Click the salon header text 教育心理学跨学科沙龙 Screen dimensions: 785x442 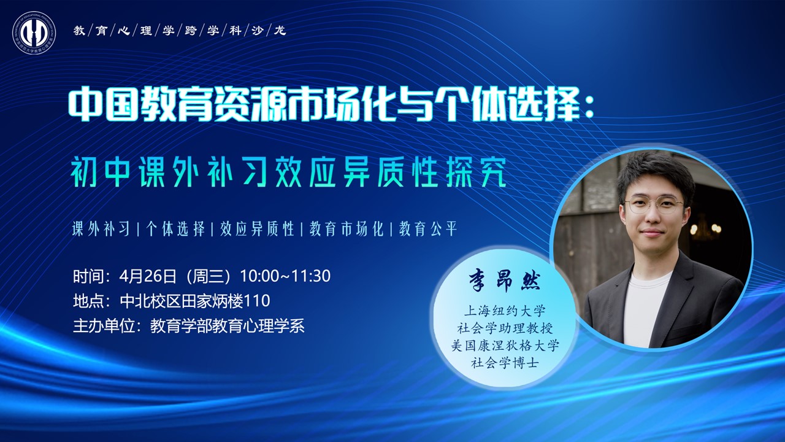click(180, 31)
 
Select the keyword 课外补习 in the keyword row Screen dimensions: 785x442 click(101, 230)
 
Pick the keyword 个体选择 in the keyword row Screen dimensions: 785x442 click(175, 230)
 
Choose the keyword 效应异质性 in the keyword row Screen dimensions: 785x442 click(257, 230)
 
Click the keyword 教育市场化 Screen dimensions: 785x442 click(347, 230)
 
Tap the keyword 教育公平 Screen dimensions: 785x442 click(428, 230)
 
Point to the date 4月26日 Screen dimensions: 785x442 click(148, 276)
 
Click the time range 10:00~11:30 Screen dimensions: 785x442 click(285, 276)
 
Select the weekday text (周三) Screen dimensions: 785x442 click(208, 276)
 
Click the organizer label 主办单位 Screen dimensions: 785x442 click(104, 326)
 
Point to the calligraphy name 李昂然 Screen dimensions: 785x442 click(505, 282)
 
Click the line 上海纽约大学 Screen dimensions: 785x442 click(505, 311)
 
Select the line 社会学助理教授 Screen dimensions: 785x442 click(505, 328)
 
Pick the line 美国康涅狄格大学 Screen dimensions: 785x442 click(505, 346)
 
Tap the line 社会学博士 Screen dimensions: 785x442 click(505, 363)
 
